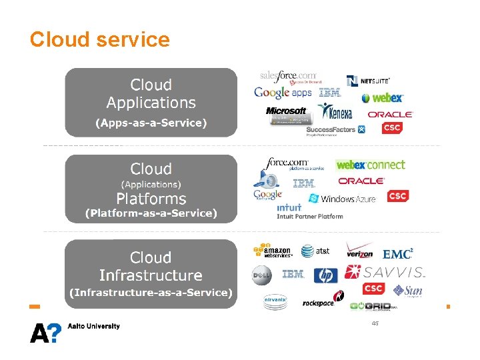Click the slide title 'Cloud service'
(100, 40)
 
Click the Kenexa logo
(335, 111)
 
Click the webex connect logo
(371, 165)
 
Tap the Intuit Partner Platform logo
(309, 211)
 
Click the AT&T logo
(315, 251)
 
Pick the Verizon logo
(359, 251)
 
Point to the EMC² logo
(398, 254)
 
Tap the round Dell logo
(261, 275)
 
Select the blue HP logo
(326, 275)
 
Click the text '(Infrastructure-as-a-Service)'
(151, 293)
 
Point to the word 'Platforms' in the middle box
(151, 199)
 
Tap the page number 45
(375, 323)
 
